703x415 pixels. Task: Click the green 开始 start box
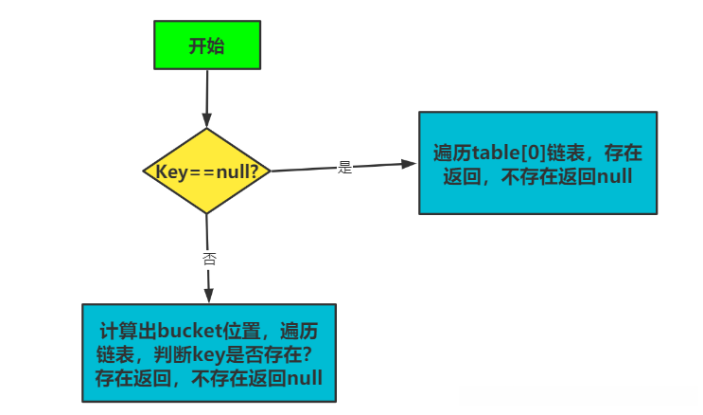[205, 46]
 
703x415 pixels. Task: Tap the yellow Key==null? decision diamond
[206, 171]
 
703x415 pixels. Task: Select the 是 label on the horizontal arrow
[344, 167]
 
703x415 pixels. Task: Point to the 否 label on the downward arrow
[208, 257]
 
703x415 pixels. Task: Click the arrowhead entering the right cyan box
[410, 164]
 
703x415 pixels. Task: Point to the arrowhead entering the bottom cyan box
[209, 297]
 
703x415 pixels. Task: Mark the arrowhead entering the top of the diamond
[207, 122]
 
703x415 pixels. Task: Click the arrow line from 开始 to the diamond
[206, 95]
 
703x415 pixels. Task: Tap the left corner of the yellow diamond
[143, 171]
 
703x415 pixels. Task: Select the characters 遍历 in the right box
[451, 153]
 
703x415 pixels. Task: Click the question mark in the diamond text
[265, 171]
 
